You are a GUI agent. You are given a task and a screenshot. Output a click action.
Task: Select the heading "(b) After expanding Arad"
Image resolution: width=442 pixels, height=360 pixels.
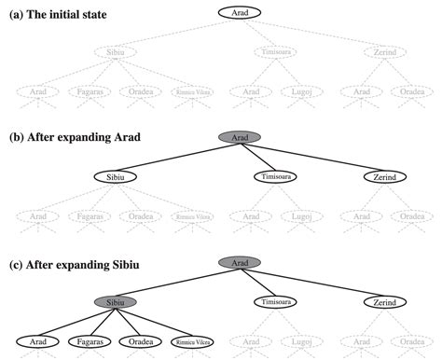[x=76, y=137]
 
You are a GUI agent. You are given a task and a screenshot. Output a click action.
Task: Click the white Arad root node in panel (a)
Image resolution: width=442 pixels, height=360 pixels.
[x=240, y=13]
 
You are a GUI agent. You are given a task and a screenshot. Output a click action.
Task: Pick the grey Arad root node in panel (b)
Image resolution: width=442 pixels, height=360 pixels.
[x=240, y=138]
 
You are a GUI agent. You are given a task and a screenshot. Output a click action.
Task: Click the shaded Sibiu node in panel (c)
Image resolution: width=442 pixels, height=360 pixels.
[x=115, y=302]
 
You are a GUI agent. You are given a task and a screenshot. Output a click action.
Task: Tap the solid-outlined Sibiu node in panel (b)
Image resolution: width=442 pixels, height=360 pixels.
[x=116, y=176]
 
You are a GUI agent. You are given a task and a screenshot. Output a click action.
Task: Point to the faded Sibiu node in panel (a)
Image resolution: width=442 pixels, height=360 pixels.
[x=115, y=52]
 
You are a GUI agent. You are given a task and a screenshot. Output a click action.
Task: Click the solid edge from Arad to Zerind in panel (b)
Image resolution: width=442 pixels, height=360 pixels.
[x=312, y=158]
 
